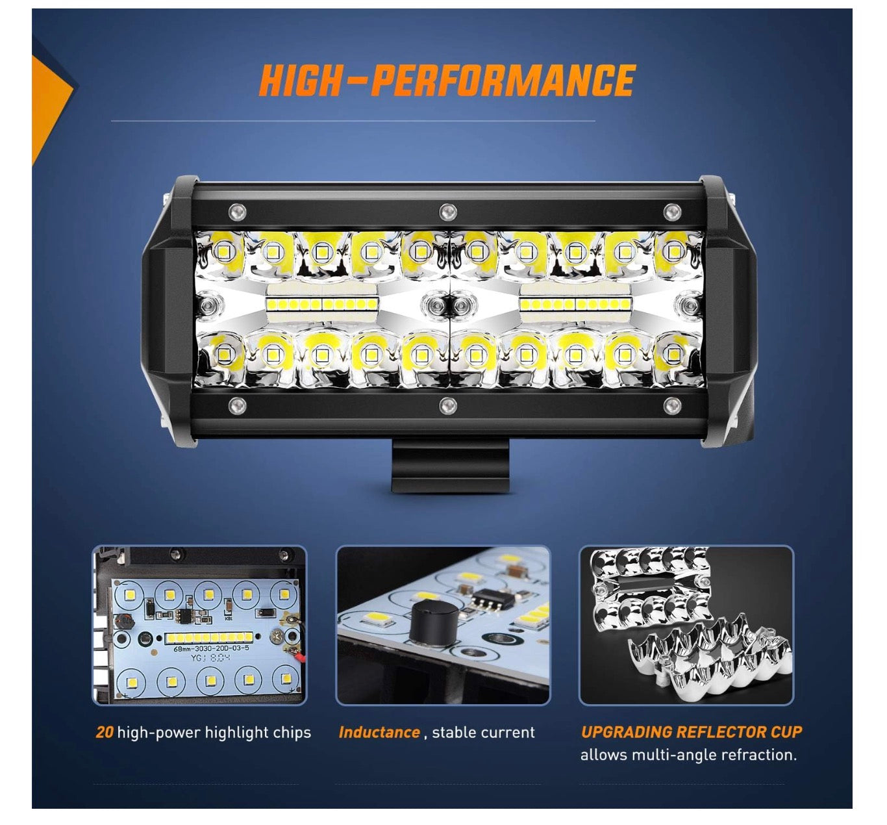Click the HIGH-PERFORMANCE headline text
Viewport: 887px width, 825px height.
[x=447, y=81]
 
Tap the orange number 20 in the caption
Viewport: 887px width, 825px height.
[x=104, y=732]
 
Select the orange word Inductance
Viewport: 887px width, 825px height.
[x=379, y=732]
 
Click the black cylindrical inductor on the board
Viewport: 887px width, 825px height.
[x=433, y=622]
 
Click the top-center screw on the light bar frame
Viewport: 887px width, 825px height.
[x=447, y=211]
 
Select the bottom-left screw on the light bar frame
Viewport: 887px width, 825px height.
[x=237, y=406]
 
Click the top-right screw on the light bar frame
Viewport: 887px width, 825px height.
[x=671, y=211]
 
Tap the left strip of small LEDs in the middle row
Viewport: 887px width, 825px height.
[x=321, y=305]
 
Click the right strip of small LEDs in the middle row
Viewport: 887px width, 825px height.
[x=575, y=305]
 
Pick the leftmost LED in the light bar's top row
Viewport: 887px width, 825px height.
[x=223, y=251]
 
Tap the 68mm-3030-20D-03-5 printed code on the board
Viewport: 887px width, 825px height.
[x=211, y=648]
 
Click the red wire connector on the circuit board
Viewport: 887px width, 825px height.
[x=299, y=657]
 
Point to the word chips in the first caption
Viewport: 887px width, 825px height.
[x=292, y=733]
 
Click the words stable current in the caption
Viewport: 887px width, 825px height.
[x=483, y=732]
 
